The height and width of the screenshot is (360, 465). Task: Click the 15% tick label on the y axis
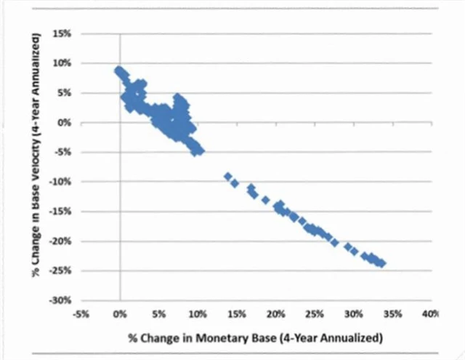(61, 34)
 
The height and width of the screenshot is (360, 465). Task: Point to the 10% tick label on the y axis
(61, 63)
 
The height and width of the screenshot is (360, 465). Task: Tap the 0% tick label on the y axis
(64, 123)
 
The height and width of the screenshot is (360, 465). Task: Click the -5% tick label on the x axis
(81, 314)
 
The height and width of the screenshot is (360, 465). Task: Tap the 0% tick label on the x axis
(120, 314)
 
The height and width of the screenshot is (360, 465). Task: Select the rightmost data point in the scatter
(382, 263)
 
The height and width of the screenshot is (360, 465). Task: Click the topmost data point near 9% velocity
(118, 70)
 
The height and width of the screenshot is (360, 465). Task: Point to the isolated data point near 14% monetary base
(228, 177)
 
